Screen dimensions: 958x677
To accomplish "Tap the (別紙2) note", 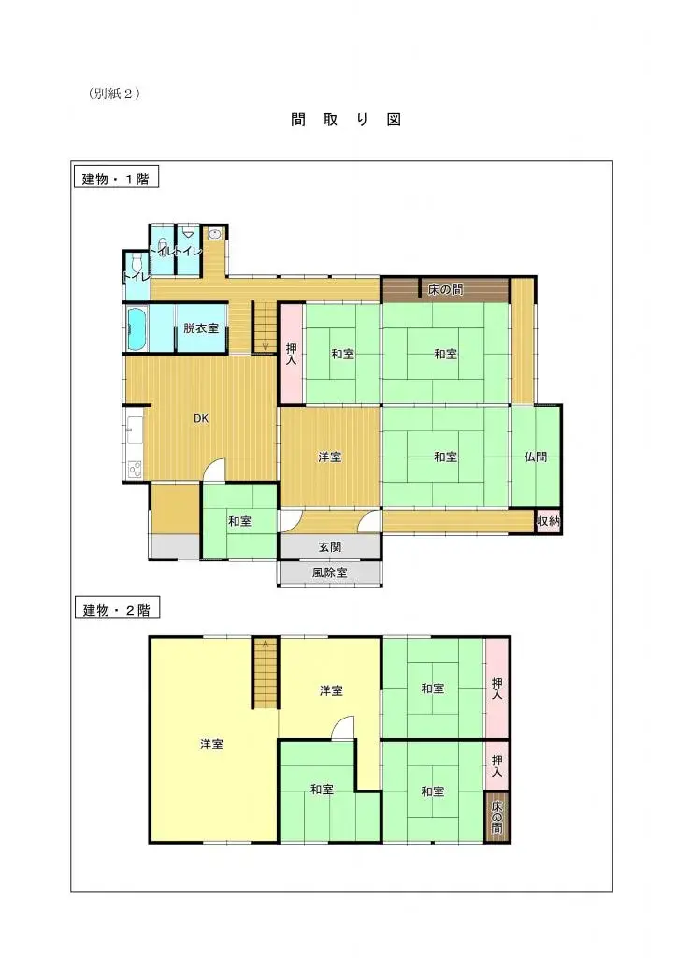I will click(114, 94).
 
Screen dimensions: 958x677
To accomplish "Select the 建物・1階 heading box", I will click(115, 179).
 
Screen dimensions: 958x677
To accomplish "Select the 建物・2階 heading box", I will click(116, 610).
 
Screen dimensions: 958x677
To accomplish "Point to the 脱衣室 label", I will click(201, 328).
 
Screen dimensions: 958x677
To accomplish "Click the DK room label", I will click(201, 418).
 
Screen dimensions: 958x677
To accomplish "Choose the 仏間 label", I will click(536, 457).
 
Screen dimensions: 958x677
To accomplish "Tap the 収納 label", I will click(548, 522).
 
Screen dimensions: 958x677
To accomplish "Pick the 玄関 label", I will click(329, 547).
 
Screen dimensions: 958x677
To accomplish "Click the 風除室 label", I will click(329, 572).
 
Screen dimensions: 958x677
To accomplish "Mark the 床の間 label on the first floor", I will click(445, 290).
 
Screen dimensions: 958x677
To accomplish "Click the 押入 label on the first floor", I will click(292, 354).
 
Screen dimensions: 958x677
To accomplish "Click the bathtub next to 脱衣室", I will click(137, 328).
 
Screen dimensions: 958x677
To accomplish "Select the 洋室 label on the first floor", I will click(329, 457).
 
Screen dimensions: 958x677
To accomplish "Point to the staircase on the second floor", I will click(266, 672).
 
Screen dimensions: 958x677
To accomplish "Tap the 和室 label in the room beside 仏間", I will click(445, 457).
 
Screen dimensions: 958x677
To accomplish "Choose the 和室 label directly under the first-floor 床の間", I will click(445, 354).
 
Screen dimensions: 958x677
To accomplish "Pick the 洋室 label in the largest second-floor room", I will click(211, 745).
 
